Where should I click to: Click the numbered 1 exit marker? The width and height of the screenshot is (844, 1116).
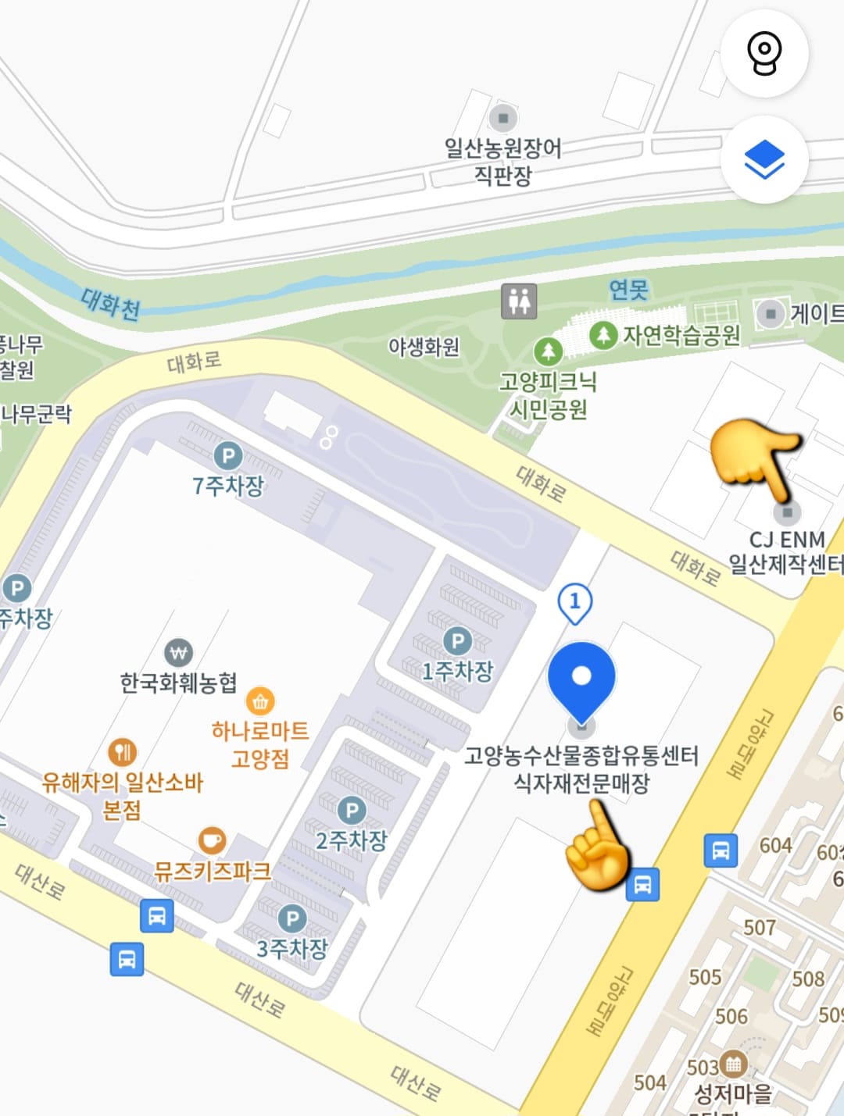[x=575, y=602]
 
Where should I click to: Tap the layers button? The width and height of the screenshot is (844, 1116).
[x=764, y=161]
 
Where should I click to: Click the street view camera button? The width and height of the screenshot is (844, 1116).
[x=764, y=54]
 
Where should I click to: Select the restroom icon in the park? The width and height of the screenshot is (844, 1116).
[x=519, y=301]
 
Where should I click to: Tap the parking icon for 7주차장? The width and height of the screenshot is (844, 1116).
[x=228, y=456]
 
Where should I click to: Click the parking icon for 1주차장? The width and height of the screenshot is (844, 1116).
[x=458, y=642]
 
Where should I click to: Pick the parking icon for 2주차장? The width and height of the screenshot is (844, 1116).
[x=352, y=811]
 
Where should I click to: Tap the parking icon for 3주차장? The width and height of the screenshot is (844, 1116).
[x=292, y=918]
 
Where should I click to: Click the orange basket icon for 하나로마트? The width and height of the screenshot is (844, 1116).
[x=260, y=702]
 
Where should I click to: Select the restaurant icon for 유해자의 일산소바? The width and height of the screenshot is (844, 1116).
[x=122, y=753]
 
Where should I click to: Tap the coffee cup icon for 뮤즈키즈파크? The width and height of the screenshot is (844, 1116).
[x=212, y=840]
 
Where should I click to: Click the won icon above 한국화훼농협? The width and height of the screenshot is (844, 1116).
[x=179, y=653]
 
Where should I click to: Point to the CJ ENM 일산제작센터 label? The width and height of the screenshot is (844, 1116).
[x=785, y=551]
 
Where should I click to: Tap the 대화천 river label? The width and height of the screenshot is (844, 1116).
[x=111, y=303]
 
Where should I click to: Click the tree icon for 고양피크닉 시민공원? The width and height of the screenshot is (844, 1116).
[x=549, y=351]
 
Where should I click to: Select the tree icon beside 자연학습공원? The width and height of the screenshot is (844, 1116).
[x=603, y=335]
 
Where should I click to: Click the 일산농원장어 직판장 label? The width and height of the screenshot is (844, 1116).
[x=503, y=161]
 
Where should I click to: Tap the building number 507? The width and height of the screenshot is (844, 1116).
[x=760, y=928]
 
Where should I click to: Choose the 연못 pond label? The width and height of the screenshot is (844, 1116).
[x=629, y=291]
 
